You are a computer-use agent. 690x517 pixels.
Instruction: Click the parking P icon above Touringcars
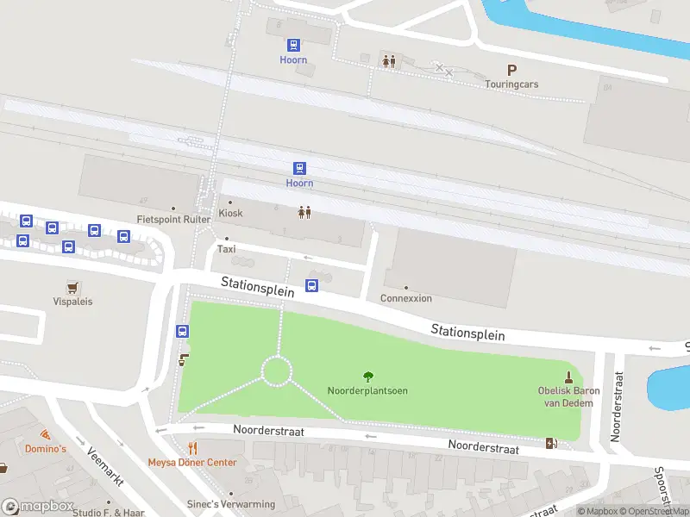coord(511,71)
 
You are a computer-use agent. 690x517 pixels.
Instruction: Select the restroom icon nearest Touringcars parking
coord(389,60)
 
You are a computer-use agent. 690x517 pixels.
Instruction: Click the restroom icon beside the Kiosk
coord(304,212)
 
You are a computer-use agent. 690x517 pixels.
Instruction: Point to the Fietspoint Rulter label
coord(173,220)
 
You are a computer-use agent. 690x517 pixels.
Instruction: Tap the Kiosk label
coord(230,213)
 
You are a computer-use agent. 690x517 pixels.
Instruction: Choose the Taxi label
coord(226,249)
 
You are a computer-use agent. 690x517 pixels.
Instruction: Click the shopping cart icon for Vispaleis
coord(72,287)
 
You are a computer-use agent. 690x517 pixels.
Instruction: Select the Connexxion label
coord(406,298)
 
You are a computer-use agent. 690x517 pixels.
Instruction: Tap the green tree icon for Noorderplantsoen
coord(368,377)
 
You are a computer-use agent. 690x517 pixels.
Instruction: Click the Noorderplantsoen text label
coord(367,391)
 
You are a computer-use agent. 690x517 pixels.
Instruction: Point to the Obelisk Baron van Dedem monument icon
coord(568,377)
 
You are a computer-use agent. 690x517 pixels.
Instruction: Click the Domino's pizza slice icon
coord(44,434)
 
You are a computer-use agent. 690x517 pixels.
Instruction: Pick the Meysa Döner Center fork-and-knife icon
coord(193,448)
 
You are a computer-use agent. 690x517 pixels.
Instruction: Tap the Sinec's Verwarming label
coord(231,504)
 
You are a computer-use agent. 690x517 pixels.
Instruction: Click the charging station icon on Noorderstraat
coord(551,443)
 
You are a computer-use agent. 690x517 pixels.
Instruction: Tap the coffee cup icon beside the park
coord(183,360)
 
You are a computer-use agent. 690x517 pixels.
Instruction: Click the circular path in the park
coord(277,371)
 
